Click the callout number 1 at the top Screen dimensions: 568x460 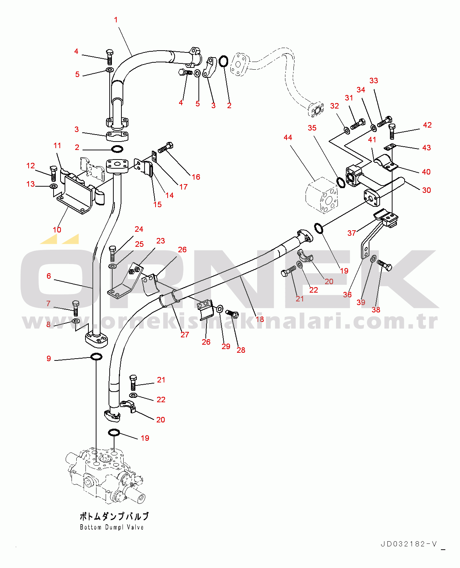pos(116,20)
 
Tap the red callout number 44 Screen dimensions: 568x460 pos(288,138)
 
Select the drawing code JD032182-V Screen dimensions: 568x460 pos(409,544)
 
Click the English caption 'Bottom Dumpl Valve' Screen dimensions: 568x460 pos(112,527)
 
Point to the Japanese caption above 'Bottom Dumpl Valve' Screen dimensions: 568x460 pos(114,516)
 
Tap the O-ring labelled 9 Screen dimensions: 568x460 pos(96,356)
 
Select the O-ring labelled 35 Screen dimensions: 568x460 pos(340,182)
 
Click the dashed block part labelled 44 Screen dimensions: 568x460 pos(322,195)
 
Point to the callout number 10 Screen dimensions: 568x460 pos(57,230)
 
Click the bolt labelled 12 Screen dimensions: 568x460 pos(53,173)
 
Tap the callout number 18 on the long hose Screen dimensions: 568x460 pos(260,319)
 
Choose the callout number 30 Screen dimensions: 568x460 pos(426,190)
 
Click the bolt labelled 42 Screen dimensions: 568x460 pos(391,131)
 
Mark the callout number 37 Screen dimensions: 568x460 pos(351,233)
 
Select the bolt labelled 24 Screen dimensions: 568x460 pos(113,253)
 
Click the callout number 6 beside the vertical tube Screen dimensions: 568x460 pos(49,276)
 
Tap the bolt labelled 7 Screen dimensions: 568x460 pos(76,308)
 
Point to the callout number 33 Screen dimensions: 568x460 pos(373,81)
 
